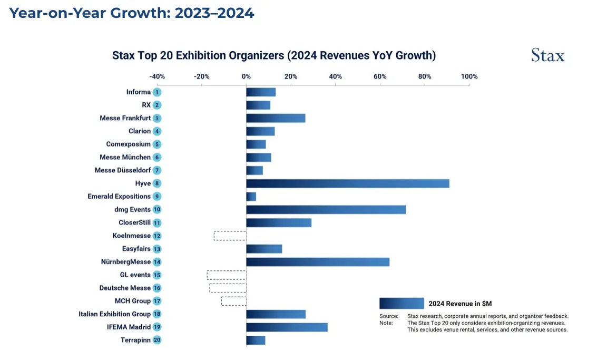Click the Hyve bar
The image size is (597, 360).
coord(348,183)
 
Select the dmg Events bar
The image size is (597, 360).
coord(326,209)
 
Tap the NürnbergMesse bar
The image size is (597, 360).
coord(318,261)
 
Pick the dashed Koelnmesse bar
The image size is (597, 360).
coord(230,236)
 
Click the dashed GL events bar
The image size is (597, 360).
coord(227,275)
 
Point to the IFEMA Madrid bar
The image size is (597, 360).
coord(287,327)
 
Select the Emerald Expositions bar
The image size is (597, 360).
coord(251,196)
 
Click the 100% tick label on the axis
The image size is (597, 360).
coord(469,76)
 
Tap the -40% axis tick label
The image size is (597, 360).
coord(157,76)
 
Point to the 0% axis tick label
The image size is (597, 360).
coord(246,76)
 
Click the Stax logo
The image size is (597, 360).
coord(547,55)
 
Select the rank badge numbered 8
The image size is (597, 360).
coord(157,183)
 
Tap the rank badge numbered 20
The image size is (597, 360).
coord(157,340)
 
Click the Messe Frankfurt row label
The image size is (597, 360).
coord(125,118)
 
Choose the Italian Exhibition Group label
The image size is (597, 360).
coord(114,314)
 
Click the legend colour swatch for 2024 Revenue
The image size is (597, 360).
coord(402,303)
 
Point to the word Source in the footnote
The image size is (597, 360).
coord(389,316)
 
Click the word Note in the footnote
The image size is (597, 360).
coord(386,323)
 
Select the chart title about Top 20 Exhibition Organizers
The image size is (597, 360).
coord(273,55)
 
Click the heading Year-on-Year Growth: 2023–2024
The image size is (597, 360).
coord(132,13)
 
